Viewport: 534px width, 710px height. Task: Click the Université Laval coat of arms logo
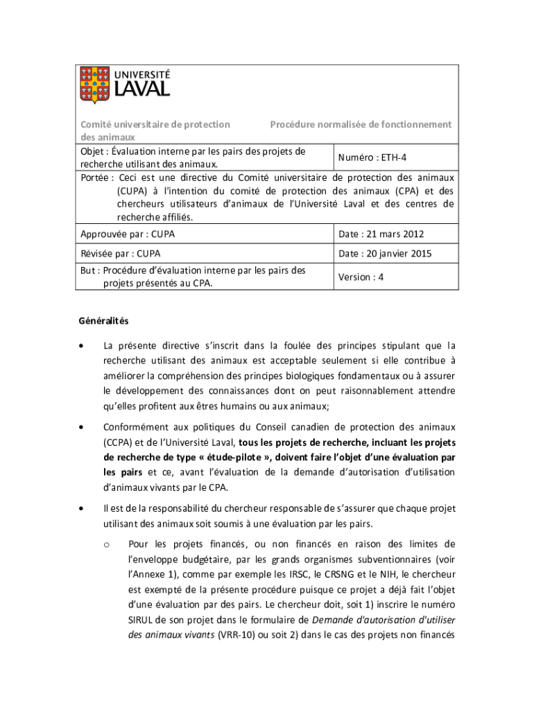[x=94, y=85]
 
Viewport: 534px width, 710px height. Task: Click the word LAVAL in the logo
[x=141, y=88]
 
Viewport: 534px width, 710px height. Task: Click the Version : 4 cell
[x=361, y=277]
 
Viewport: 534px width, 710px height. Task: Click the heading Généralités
[x=102, y=322]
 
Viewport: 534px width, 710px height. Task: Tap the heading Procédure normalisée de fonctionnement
[x=361, y=125]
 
